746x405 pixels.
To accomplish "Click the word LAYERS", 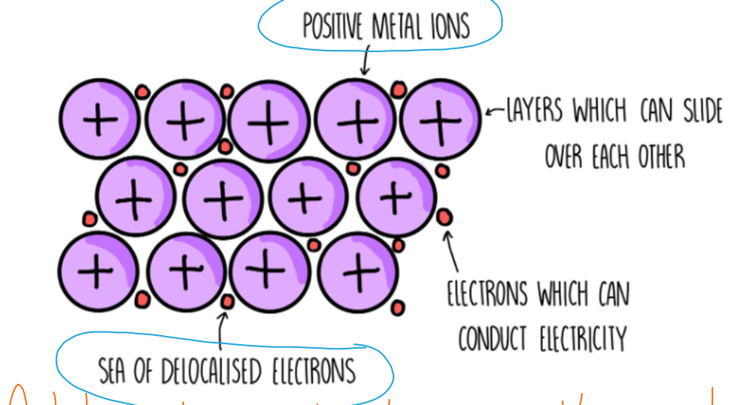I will (x=534, y=110).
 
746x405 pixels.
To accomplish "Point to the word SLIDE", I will (x=703, y=111).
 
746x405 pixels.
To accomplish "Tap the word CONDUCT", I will (x=492, y=338).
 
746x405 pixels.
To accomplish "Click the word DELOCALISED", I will (x=211, y=371).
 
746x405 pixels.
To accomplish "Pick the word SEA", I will (x=112, y=371).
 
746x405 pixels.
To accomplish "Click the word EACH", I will (x=610, y=156).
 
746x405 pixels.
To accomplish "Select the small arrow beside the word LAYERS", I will (x=495, y=111).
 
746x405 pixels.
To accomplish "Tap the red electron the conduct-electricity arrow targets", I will (x=444, y=217).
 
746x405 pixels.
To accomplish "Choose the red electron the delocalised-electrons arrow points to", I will (x=227, y=301).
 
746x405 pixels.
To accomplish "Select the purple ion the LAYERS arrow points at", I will (x=440, y=119).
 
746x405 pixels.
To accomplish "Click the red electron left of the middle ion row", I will (x=90, y=219).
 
